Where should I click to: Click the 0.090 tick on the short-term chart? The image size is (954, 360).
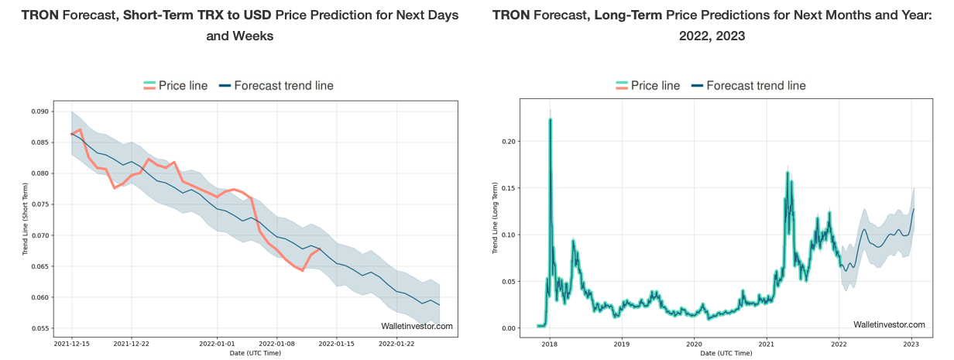click(39, 111)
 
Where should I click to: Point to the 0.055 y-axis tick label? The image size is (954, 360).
click(39, 328)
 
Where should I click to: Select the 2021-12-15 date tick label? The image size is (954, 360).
click(71, 343)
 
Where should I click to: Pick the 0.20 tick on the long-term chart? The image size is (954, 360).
click(507, 141)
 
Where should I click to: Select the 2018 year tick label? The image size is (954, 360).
click(549, 343)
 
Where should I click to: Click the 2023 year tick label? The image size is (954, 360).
click(911, 343)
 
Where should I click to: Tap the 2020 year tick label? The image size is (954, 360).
click(694, 343)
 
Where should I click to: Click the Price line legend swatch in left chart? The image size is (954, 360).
click(150, 85)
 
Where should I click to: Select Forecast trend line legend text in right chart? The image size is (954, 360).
click(756, 85)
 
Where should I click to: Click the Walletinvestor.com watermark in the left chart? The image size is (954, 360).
click(417, 326)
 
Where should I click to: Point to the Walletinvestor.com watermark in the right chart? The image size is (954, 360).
click(889, 324)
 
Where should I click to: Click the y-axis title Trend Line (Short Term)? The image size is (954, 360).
click(25, 219)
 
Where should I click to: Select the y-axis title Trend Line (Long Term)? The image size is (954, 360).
click(496, 219)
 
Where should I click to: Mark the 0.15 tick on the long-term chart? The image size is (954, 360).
click(507, 187)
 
